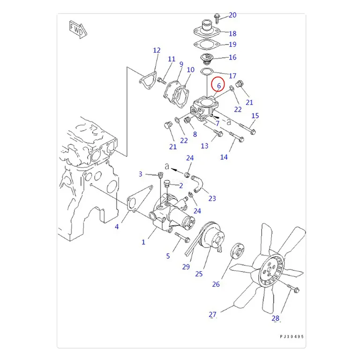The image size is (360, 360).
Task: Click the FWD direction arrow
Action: (78, 30)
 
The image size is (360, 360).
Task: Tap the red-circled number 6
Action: (219, 86)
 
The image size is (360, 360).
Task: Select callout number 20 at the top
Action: (232, 15)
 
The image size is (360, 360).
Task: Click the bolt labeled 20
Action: (217, 19)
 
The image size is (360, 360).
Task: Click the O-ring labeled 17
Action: (207, 72)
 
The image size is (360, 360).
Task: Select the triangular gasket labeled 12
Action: (147, 81)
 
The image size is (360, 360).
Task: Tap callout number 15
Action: (255, 115)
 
